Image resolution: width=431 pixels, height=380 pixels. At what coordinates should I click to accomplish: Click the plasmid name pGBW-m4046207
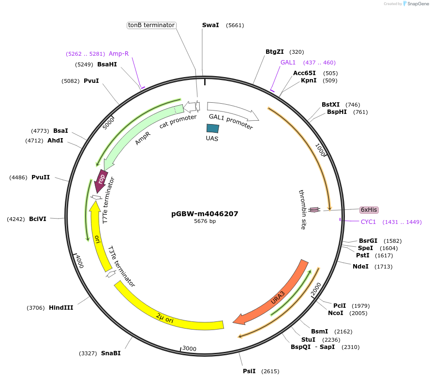[205, 213]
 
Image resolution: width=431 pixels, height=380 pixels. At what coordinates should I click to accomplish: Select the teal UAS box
[212, 128]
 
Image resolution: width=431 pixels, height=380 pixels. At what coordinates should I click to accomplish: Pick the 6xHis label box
[369, 210]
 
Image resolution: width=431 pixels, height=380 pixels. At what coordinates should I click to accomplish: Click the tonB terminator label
[151, 25]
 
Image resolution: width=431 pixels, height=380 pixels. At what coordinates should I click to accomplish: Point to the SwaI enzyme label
[210, 25]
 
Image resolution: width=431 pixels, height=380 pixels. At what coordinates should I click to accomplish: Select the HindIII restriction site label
[61, 307]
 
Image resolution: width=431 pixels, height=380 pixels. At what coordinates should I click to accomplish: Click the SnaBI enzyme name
[111, 353]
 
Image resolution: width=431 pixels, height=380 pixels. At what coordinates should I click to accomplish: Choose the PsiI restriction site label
[249, 371]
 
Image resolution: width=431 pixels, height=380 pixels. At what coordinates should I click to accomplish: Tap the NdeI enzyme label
[360, 266]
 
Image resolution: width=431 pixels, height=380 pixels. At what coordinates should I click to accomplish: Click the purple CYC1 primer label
[368, 222]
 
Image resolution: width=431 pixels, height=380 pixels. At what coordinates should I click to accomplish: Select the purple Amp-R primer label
[119, 54]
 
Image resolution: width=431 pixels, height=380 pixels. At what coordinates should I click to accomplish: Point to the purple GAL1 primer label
[288, 63]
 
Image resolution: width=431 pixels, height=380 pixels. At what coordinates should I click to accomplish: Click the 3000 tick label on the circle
[189, 348]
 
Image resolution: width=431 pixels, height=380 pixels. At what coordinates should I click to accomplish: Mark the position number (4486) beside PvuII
[18, 177]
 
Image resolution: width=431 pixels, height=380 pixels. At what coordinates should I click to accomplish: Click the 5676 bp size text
[205, 221]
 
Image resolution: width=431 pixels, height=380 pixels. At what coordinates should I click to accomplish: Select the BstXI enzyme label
[330, 105]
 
